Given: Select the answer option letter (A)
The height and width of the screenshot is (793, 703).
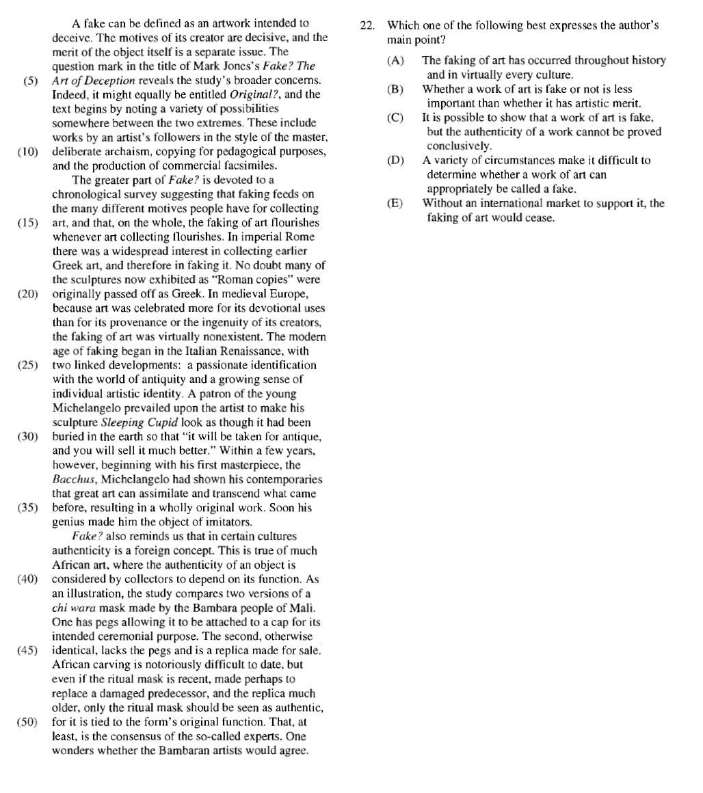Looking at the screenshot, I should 395,61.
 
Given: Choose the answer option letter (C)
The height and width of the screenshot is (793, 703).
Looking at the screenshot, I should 395,118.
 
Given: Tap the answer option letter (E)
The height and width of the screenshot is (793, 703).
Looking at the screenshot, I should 395,204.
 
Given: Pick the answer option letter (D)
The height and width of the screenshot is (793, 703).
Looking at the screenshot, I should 395,161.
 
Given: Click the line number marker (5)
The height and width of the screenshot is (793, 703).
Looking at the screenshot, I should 31,81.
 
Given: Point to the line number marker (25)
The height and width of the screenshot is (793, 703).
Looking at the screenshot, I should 28,365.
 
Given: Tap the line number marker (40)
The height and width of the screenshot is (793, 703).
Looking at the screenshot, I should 28,579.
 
